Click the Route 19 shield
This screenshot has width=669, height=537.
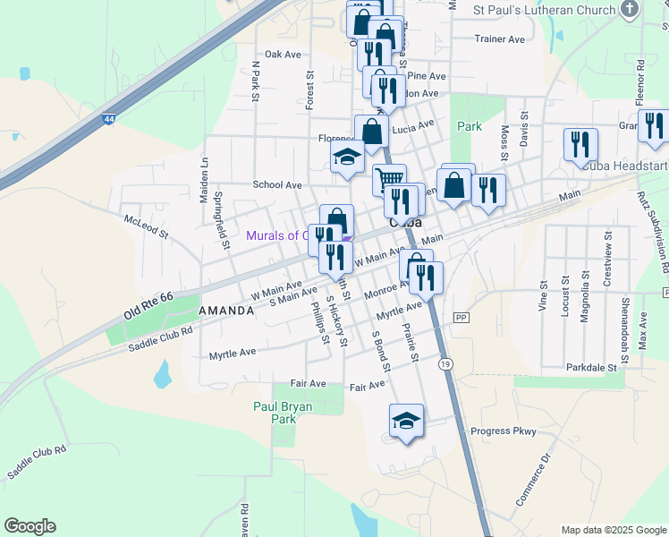click(x=445, y=363)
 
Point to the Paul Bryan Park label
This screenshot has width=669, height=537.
click(x=284, y=412)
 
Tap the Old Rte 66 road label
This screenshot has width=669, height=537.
click(x=150, y=305)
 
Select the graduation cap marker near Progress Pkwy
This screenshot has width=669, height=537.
click(x=406, y=420)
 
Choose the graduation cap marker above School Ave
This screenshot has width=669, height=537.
click(x=347, y=158)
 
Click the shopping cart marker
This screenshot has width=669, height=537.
click(x=389, y=179)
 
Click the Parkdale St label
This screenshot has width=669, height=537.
click(x=592, y=368)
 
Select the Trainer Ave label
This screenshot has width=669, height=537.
click(x=499, y=39)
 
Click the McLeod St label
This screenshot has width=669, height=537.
click(x=146, y=226)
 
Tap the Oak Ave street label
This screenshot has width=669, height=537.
click(x=283, y=55)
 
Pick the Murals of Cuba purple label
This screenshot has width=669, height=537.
click(x=277, y=236)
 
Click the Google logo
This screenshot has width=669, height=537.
click(x=30, y=526)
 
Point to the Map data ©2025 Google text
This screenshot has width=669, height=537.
click(x=614, y=530)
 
